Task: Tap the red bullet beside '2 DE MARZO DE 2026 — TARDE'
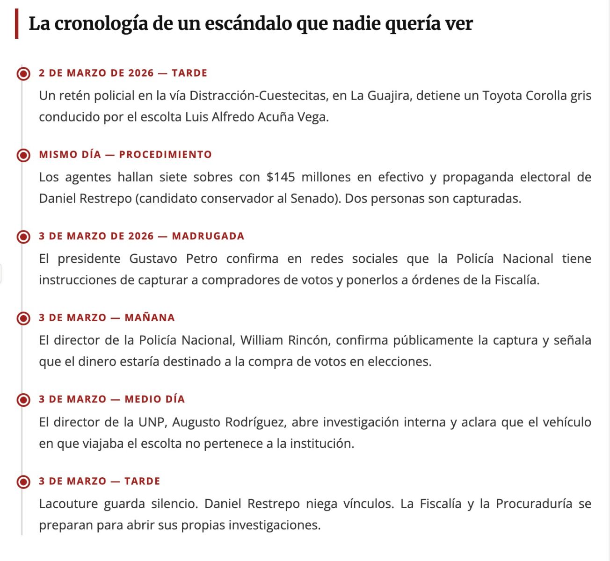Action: tap(23, 73)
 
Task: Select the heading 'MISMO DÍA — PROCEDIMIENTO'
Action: tap(125, 155)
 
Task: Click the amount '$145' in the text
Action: tap(281, 177)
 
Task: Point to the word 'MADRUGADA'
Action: tap(208, 236)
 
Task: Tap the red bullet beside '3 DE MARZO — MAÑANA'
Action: tap(23, 318)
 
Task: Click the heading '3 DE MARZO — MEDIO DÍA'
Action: tap(112, 399)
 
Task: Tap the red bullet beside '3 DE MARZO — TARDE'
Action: tap(23, 482)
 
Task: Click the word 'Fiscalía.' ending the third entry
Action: tap(517, 280)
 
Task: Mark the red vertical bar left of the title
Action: tap(17, 24)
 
